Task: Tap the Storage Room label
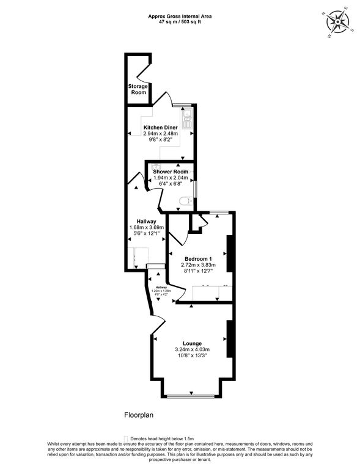tap(138, 89)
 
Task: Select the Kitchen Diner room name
tap(160, 128)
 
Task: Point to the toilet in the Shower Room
tap(186, 202)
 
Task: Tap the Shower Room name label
tap(171, 172)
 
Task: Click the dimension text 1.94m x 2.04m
tap(171, 178)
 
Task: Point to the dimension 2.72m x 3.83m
tap(196, 266)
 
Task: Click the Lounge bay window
tap(191, 397)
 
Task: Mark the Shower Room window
tap(195, 187)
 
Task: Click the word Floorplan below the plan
tap(138, 415)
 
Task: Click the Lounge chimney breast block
tap(230, 339)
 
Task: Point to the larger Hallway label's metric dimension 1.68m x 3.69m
tap(147, 228)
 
